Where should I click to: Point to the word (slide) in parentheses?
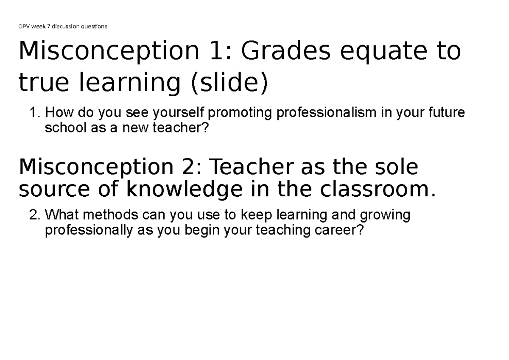[x=229, y=84]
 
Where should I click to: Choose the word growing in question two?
[x=384, y=216]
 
